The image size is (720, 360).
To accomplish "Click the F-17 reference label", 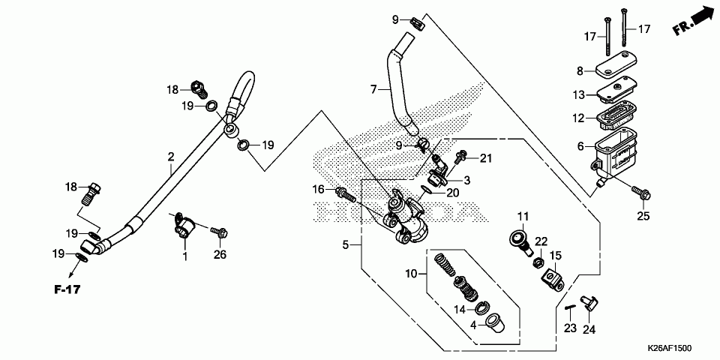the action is coord(67,289).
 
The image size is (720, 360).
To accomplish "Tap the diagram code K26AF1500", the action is coord(670,349).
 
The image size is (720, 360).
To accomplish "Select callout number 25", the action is coord(643,215).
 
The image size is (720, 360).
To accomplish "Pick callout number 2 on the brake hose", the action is coord(171,157).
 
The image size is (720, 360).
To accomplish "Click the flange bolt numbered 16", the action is coord(346,194).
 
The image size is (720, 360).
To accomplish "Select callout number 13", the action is coord(578,95).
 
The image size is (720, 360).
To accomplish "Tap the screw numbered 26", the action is coord(220,232).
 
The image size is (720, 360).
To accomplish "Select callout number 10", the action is coord(412,274).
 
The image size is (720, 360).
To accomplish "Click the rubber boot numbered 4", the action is coord(496,322).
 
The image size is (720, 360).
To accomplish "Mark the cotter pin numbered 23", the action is coord(570,308).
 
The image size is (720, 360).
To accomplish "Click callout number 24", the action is coord(589,329).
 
